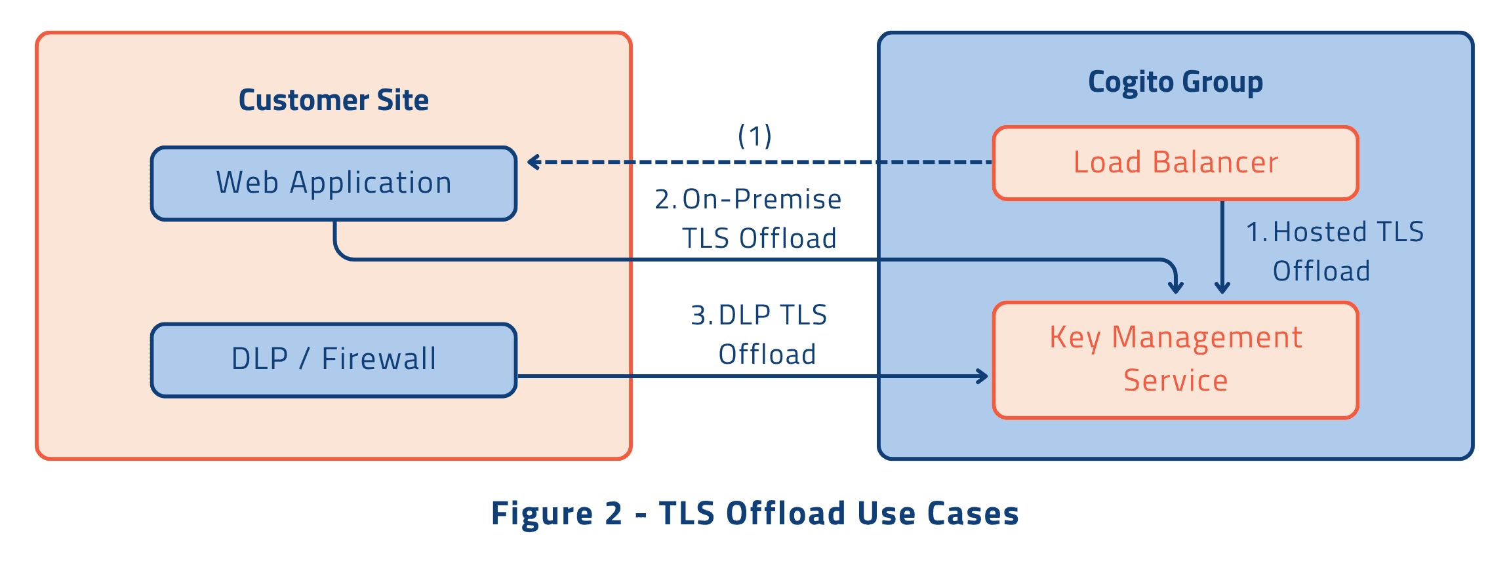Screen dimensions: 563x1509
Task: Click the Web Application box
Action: point(334,183)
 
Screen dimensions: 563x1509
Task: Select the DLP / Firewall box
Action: point(334,359)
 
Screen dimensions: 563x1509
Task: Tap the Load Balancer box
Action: point(1175,163)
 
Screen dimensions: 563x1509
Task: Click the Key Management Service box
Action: point(1175,359)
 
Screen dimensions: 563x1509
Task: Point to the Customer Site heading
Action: point(333,100)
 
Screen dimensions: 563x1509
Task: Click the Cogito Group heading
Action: point(1175,82)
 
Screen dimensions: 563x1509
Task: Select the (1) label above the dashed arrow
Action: point(755,136)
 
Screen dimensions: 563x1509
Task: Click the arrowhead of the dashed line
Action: point(533,162)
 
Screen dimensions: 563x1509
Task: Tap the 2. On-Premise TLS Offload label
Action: point(748,218)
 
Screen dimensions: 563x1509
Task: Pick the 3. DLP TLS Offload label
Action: point(760,334)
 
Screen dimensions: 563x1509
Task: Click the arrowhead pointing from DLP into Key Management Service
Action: point(982,376)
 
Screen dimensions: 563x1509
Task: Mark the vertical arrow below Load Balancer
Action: point(1222,246)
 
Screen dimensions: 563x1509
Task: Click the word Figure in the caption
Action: point(542,513)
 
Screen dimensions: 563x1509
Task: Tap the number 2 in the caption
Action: point(613,513)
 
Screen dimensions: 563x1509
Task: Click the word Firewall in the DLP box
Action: point(378,359)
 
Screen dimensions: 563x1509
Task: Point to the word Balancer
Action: point(1215,163)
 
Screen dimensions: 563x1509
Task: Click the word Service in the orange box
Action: point(1175,381)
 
